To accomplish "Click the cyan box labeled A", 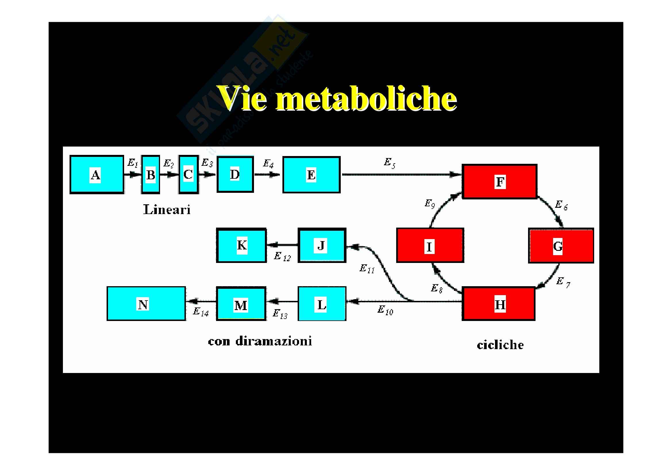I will coord(97,175).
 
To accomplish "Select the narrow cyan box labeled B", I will coord(151,175).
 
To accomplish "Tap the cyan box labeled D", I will coord(235,174).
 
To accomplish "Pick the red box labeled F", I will coord(499,181).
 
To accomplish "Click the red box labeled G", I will coord(561,246).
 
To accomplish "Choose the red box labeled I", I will coord(430,246).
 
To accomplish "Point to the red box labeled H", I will coord(498,304).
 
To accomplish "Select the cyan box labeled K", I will coord(241,245).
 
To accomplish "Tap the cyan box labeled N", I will coord(146,304).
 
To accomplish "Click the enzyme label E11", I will coord(367,269).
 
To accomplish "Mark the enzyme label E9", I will coord(430,204).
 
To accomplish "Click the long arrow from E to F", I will coord(401,175).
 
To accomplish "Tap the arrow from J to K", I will coord(282,245).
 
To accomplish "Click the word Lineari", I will coord(167,209).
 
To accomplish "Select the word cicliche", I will coord(500,345).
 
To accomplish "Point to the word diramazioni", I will coord(273,341).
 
